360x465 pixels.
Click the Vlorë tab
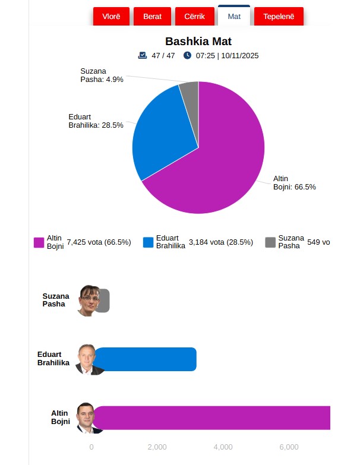pyautogui.click(x=111, y=16)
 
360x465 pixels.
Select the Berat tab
pyautogui.click(x=152, y=16)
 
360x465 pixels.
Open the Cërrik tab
pyautogui.click(x=194, y=16)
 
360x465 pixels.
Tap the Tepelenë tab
pyautogui.click(x=278, y=16)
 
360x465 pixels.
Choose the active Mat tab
pyautogui.click(x=234, y=16)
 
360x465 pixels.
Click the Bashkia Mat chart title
pyautogui.click(x=198, y=42)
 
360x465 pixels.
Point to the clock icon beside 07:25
pyautogui.click(x=188, y=56)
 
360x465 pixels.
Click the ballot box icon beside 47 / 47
pyautogui.click(x=143, y=56)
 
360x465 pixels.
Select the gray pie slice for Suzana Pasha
pyautogui.click(x=190, y=89)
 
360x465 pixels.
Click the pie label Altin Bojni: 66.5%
pyautogui.click(x=294, y=182)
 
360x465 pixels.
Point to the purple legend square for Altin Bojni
pyautogui.click(x=39, y=242)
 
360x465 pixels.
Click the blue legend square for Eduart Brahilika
pyautogui.click(x=149, y=242)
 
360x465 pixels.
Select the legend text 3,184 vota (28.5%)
pyautogui.click(x=220, y=242)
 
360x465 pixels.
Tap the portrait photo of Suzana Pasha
pyautogui.click(x=88, y=300)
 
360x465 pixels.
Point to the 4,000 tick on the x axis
pyautogui.click(x=223, y=447)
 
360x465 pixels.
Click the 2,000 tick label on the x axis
pyautogui.click(x=157, y=447)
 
